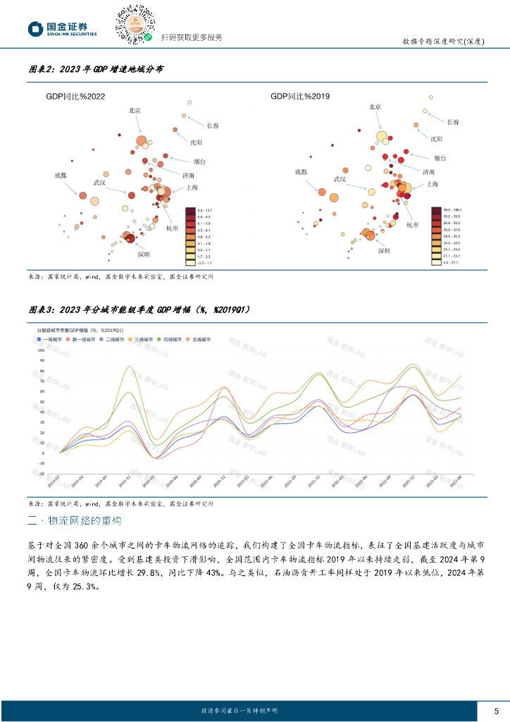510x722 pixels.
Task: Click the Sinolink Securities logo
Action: pyautogui.click(x=63, y=29)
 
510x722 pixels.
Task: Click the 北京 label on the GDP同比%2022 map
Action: pyautogui.click(x=135, y=110)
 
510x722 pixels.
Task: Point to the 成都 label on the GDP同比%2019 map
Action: pyautogui.click(x=301, y=171)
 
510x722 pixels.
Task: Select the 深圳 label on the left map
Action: pyautogui.click(x=144, y=254)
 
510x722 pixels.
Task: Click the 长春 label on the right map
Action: pyautogui.click(x=453, y=122)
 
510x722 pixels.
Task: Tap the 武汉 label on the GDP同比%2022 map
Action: pyautogui.click(x=99, y=182)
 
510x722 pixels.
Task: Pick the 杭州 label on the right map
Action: pyautogui.click(x=412, y=224)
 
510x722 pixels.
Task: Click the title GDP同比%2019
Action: pyautogui.click(x=300, y=96)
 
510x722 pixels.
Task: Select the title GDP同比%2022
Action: pyautogui.click(x=75, y=96)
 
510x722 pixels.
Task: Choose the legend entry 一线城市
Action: pyautogui.click(x=51, y=339)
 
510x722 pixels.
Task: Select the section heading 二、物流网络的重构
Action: pyautogui.click(x=74, y=521)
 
